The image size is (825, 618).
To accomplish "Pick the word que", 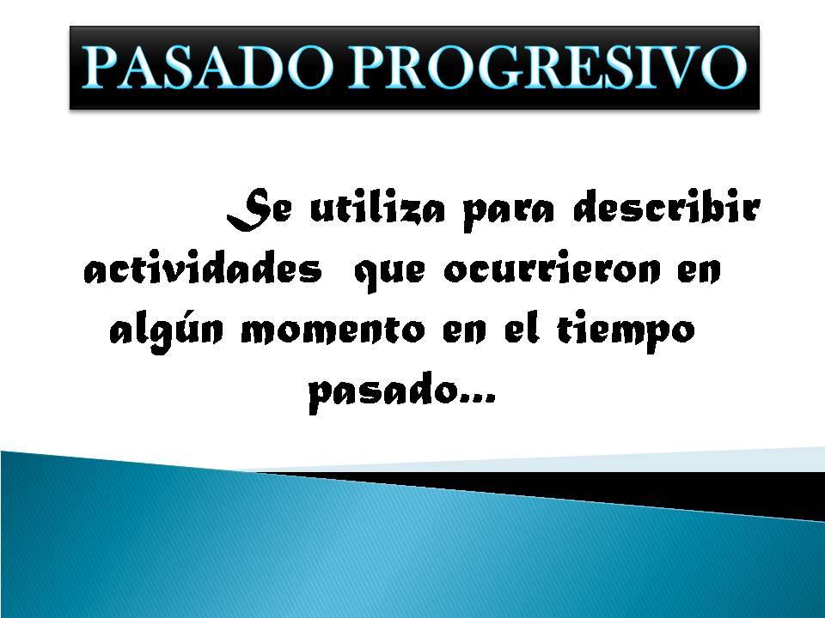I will pyautogui.click(x=386, y=276).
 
